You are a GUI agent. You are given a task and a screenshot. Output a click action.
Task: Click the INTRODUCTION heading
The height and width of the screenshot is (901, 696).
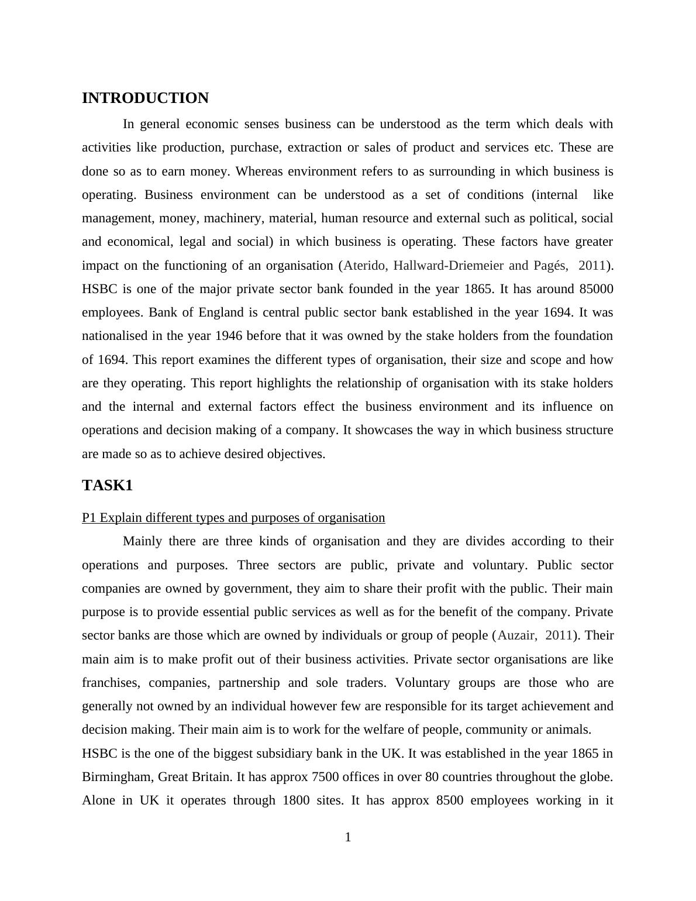tap(145, 98)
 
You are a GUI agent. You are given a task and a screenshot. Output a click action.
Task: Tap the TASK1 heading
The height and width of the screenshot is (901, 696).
tap(108, 486)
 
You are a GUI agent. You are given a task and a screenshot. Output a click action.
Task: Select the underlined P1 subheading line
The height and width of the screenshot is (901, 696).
tap(233, 518)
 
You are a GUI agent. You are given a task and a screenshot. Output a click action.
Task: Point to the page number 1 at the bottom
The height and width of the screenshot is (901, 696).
tap(348, 838)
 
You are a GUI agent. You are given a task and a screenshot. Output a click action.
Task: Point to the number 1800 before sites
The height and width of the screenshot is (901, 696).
tap(296, 800)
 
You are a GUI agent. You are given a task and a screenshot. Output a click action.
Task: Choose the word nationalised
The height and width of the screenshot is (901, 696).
tap(115, 336)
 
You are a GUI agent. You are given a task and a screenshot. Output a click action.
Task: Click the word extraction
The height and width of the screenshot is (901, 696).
tap(315, 147)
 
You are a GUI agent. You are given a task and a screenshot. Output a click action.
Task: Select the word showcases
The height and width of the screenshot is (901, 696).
tap(385, 430)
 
